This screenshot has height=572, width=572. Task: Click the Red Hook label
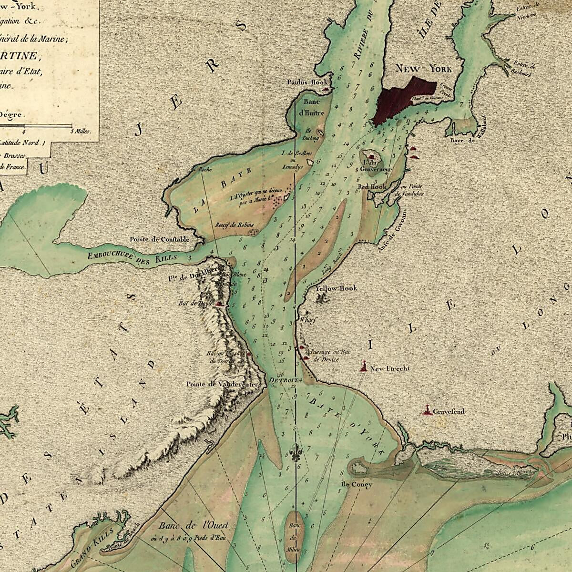(372, 187)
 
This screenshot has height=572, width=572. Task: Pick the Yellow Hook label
(336, 288)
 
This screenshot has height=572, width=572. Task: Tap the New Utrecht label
(389, 368)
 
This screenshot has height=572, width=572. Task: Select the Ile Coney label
(356, 485)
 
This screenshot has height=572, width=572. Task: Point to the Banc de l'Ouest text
(194, 525)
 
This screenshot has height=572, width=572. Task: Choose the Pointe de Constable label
(159, 239)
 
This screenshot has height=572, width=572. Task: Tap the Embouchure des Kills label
(132, 256)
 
